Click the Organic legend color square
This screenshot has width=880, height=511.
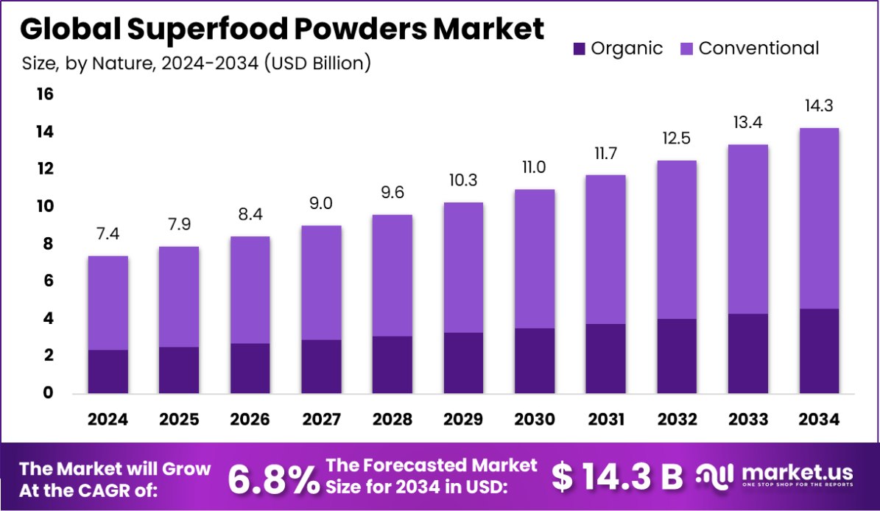point(579,49)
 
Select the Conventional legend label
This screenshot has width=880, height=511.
point(758,49)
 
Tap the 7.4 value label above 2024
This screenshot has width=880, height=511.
point(108,234)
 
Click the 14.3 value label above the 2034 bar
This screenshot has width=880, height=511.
point(819,106)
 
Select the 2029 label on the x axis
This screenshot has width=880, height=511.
point(464,420)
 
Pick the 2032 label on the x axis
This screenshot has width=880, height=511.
point(677,420)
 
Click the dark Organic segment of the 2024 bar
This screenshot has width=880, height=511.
point(108,372)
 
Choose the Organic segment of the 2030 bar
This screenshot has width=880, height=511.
point(535,361)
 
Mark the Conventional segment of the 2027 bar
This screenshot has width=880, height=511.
point(322,283)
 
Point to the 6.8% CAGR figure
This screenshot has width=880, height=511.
point(272,478)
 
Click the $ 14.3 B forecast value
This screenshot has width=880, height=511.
point(617,477)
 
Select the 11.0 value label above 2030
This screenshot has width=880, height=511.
point(535,167)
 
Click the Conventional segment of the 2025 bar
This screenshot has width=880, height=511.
point(179,297)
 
